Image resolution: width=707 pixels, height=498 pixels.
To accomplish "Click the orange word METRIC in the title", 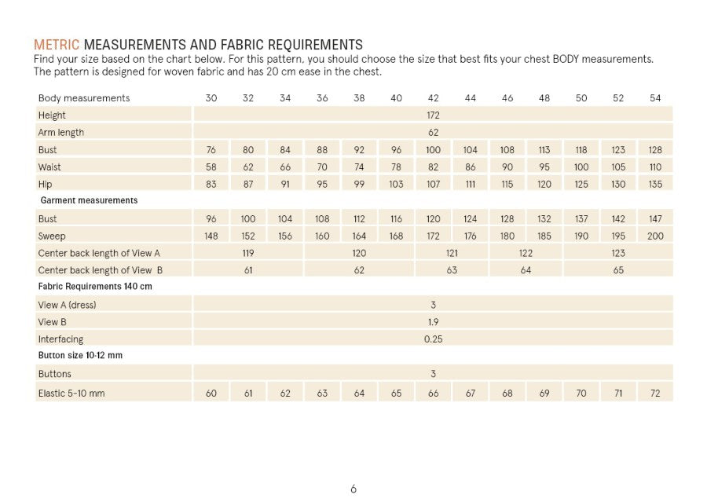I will pos(57,44).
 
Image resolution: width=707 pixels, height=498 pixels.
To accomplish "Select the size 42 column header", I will pos(433,98).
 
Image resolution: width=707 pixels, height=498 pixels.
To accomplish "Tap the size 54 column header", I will pos(655,98).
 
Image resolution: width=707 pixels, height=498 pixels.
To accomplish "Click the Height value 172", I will pos(433,115).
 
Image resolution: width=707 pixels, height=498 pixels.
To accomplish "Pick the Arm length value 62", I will pos(433,133).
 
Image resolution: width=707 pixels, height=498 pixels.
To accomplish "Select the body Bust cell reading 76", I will pos(211,150).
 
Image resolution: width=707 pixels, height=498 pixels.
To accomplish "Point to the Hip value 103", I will pos(396,185).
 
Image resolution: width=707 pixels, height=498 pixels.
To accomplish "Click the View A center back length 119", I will pos(248,254).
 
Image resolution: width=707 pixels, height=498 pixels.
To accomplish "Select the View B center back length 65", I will pos(618,270).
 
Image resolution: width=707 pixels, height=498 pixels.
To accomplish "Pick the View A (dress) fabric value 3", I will pos(433,305).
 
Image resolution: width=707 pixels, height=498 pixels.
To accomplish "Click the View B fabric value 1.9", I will pos(433,322).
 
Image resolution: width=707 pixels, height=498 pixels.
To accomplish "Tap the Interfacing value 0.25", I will pos(433,339).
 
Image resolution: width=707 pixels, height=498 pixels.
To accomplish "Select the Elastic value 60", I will pos(211,393).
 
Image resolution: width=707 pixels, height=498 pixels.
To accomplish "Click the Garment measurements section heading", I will pos(89,201).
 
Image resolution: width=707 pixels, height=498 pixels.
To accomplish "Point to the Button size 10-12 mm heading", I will pos(80,356).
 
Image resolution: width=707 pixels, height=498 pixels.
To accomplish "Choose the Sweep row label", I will pos(52,236).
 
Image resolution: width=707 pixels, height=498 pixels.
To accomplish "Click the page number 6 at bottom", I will pos(353,489).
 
